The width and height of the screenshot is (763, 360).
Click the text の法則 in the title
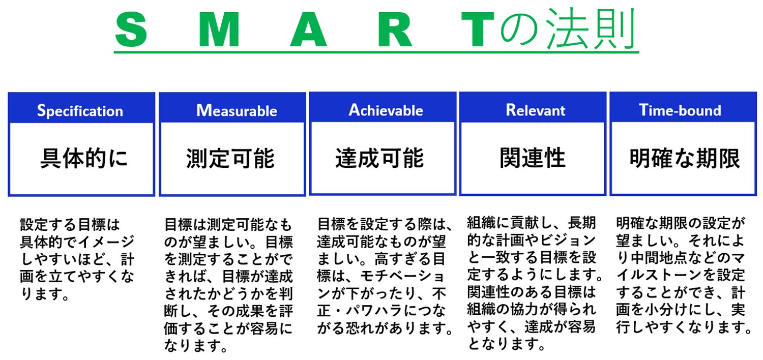click(x=566, y=29)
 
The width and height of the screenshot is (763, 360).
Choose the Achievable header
click(x=386, y=110)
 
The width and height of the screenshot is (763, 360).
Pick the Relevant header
click(x=535, y=110)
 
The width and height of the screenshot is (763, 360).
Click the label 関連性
click(x=532, y=158)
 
